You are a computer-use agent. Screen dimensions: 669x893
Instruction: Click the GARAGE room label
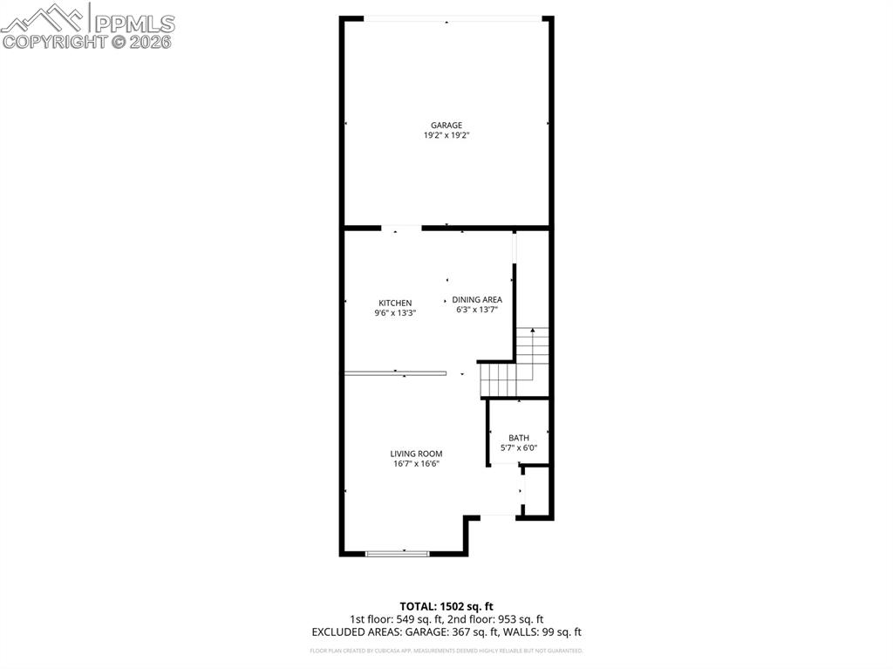(x=446, y=125)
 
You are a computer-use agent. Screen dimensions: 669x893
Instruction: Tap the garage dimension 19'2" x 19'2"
(x=446, y=135)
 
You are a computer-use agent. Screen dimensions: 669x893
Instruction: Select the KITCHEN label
(x=395, y=303)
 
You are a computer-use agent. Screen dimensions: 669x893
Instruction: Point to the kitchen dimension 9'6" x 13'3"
(x=395, y=313)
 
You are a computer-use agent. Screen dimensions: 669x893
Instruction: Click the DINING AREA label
(x=477, y=299)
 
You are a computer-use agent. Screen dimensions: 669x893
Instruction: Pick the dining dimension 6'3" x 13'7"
(x=477, y=310)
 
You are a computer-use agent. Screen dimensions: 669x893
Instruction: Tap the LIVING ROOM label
(x=416, y=454)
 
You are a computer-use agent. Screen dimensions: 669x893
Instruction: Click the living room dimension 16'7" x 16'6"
(x=416, y=464)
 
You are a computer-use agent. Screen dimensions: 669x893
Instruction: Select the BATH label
(x=519, y=438)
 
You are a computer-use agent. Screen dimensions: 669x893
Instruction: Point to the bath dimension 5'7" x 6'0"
(x=519, y=448)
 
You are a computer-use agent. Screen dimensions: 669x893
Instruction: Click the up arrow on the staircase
(x=532, y=332)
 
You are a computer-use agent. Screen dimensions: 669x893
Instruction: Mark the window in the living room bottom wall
(x=398, y=552)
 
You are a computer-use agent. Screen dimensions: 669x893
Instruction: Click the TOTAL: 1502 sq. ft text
(x=446, y=606)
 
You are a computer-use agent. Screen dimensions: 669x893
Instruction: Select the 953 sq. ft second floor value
(x=519, y=619)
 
